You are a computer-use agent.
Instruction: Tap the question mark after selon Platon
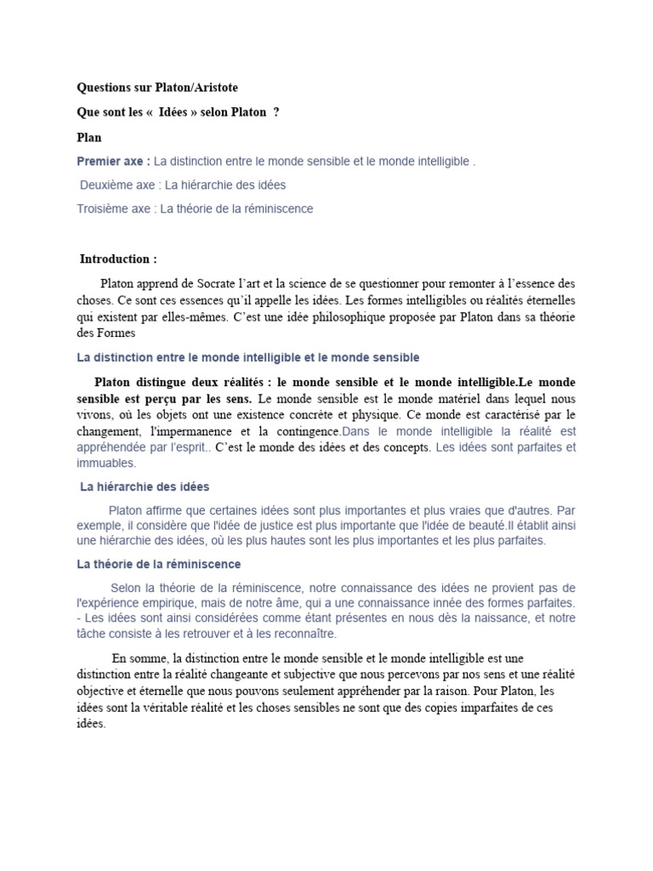276,112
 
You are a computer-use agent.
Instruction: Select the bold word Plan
89,137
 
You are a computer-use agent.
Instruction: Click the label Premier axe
114,161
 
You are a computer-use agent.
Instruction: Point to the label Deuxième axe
119,185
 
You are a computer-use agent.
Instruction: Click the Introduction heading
118,259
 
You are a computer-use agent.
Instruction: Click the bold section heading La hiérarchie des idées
145,487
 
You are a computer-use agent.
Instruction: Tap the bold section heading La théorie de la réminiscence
159,564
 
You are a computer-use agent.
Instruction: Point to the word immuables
106,464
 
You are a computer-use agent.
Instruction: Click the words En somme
139,658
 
